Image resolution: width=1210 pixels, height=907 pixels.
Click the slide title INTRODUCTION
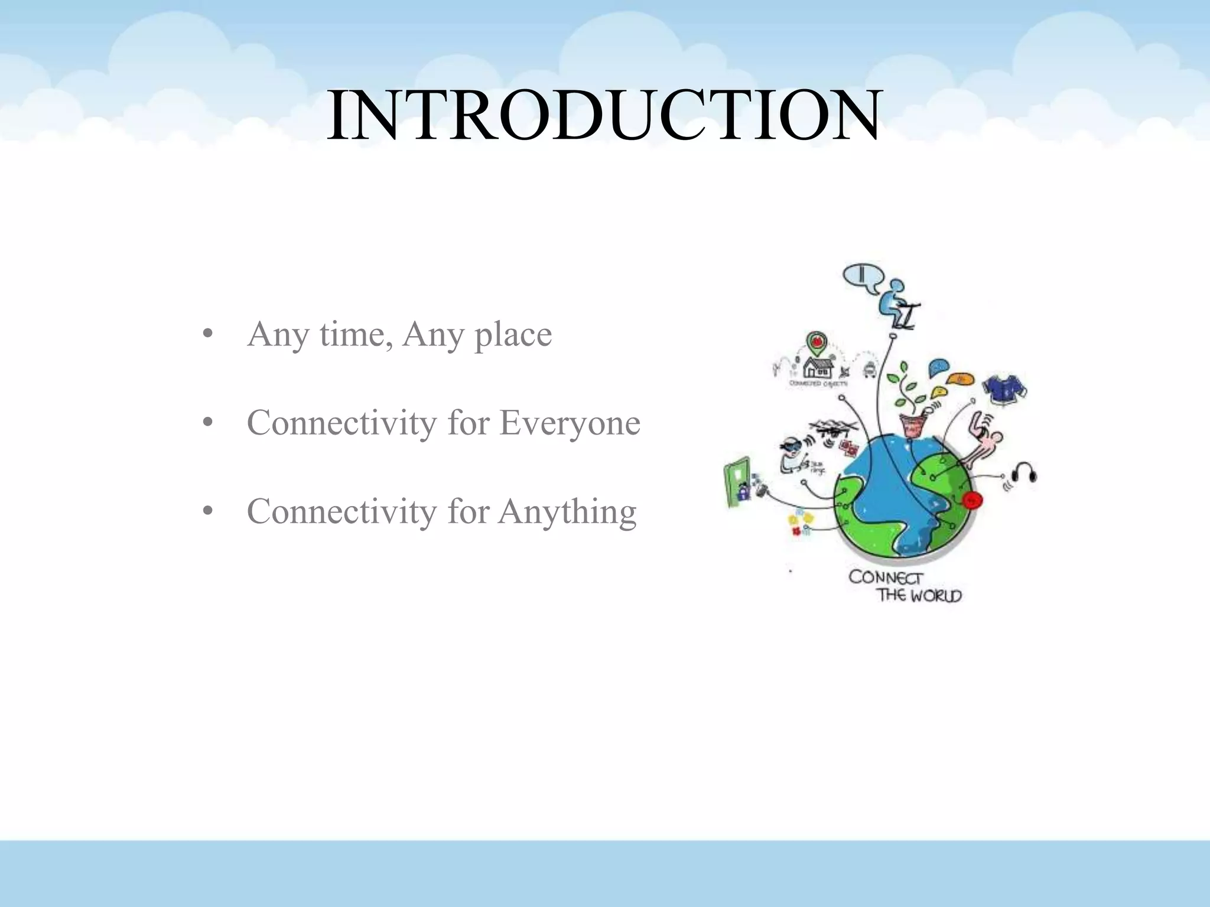click(604, 115)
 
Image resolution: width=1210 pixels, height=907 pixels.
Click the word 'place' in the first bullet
click(513, 334)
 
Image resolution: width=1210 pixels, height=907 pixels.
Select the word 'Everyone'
click(570, 423)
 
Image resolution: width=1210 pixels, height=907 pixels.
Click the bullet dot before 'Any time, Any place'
click(207, 335)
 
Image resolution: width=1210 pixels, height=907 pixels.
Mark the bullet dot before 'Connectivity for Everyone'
click(207, 423)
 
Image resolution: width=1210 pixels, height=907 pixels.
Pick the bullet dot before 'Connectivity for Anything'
click(207, 512)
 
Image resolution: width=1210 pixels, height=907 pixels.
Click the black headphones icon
click(1023, 473)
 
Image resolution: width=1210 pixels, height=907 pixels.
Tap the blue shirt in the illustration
click(1004, 389)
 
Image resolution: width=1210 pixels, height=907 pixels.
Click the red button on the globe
click(972, 500)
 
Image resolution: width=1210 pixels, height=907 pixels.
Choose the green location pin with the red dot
click(817, 342)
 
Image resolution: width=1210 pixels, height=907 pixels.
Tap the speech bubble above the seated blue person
click(862, 278)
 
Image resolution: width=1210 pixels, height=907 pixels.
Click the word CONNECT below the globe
click(884, 577)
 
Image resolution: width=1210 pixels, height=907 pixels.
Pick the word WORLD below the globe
click(936, 595)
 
